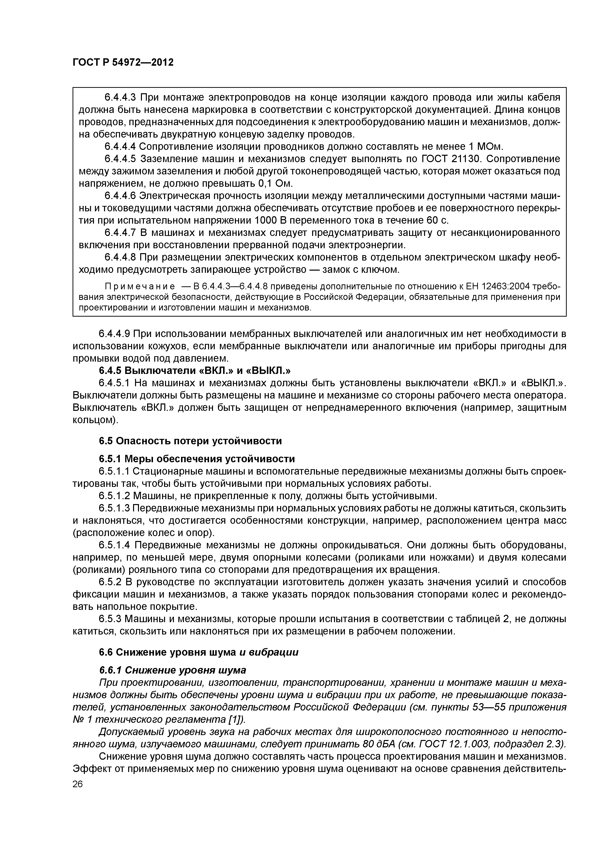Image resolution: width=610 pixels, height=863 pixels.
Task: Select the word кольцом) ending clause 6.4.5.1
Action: coord(95,420)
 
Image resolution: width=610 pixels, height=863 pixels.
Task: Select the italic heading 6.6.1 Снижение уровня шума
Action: coord(172,670)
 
